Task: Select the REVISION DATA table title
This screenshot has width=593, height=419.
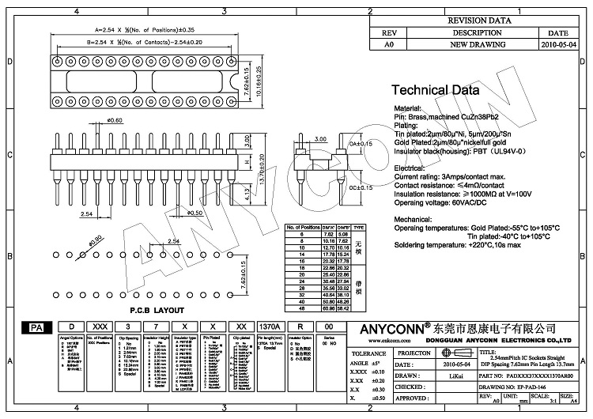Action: click(x=479, y=21)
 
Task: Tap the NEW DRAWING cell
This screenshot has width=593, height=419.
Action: click(x=477, y=46)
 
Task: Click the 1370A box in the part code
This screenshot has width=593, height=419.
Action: click(x=268, y=327)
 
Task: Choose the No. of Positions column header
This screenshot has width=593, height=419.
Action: click(x=305, y=227)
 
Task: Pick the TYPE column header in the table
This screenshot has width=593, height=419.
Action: click(x=358, y=227)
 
